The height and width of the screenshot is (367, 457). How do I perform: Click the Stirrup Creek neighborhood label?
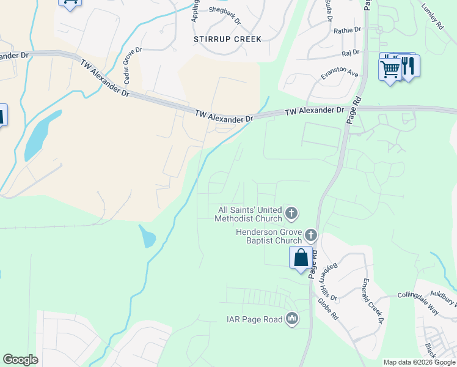[x=227, y=39]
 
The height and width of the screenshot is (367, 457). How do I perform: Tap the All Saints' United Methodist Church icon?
[x=291, y=213]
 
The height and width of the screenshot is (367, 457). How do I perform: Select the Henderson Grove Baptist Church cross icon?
[x=311, y=235]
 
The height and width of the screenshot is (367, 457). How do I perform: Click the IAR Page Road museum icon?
[x=292, y=319]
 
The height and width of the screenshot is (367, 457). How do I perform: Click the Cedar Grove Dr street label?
[x=133, y=65]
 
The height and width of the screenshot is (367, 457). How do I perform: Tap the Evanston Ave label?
[x=340, y=73]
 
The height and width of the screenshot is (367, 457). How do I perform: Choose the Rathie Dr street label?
[x=348, y=29]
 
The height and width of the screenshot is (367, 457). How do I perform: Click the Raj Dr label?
[x=351, y=53]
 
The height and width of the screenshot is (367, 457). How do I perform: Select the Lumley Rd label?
[x=432, y=17]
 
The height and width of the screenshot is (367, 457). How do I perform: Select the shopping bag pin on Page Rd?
[x=301, y=258]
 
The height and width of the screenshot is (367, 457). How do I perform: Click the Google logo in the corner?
[x=20, y=360]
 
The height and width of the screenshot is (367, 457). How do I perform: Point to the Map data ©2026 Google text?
[x=419, y=362]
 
